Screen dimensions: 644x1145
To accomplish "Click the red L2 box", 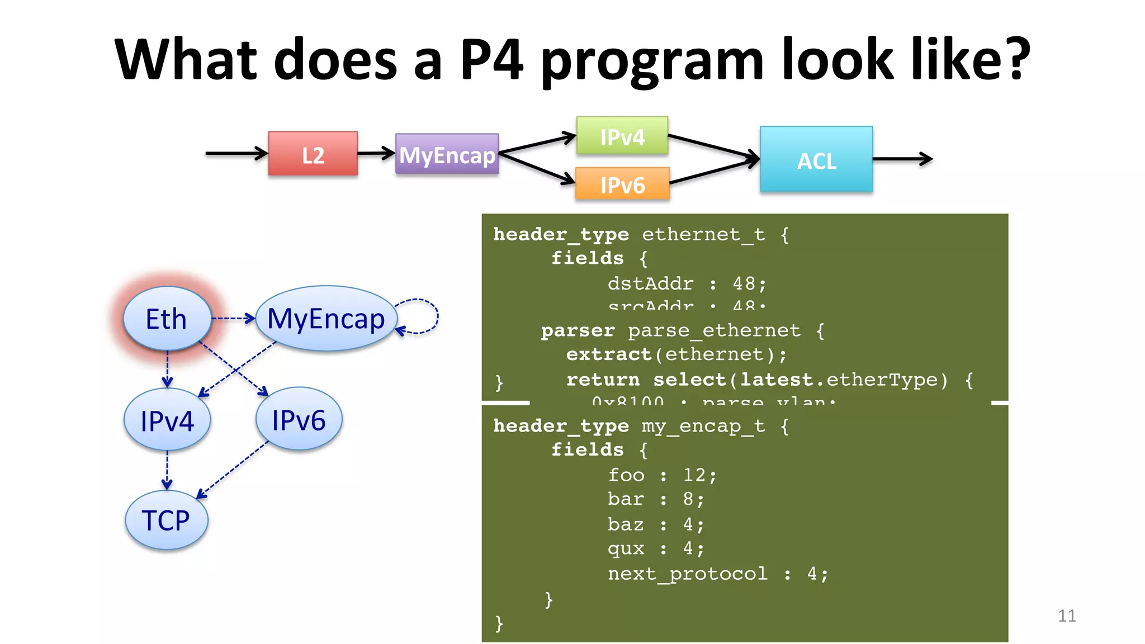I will [313, 154].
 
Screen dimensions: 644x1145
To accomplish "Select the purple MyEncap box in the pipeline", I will [447, 154].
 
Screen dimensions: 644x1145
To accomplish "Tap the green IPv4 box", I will [622, 136].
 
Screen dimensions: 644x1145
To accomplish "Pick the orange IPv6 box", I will [622, 184].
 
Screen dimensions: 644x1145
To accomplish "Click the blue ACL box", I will [816, 160].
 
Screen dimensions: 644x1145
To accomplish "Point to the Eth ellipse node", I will [167, 319].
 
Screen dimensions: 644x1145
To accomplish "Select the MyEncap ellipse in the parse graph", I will [326, 319].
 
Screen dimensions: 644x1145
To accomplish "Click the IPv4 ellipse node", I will [167, 420].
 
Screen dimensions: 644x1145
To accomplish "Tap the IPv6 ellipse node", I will [299, 419].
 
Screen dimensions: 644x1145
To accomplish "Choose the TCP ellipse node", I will [166, 520].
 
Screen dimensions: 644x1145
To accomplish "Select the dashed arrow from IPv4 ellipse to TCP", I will [167, 470].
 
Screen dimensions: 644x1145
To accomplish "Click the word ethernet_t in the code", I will [703, 234].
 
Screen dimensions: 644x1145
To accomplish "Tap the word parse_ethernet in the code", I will [714, 330].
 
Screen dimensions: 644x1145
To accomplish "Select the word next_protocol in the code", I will [688, 574].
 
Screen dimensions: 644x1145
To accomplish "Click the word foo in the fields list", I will [626, 475].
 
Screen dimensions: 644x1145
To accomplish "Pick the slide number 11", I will [1067, 615].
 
